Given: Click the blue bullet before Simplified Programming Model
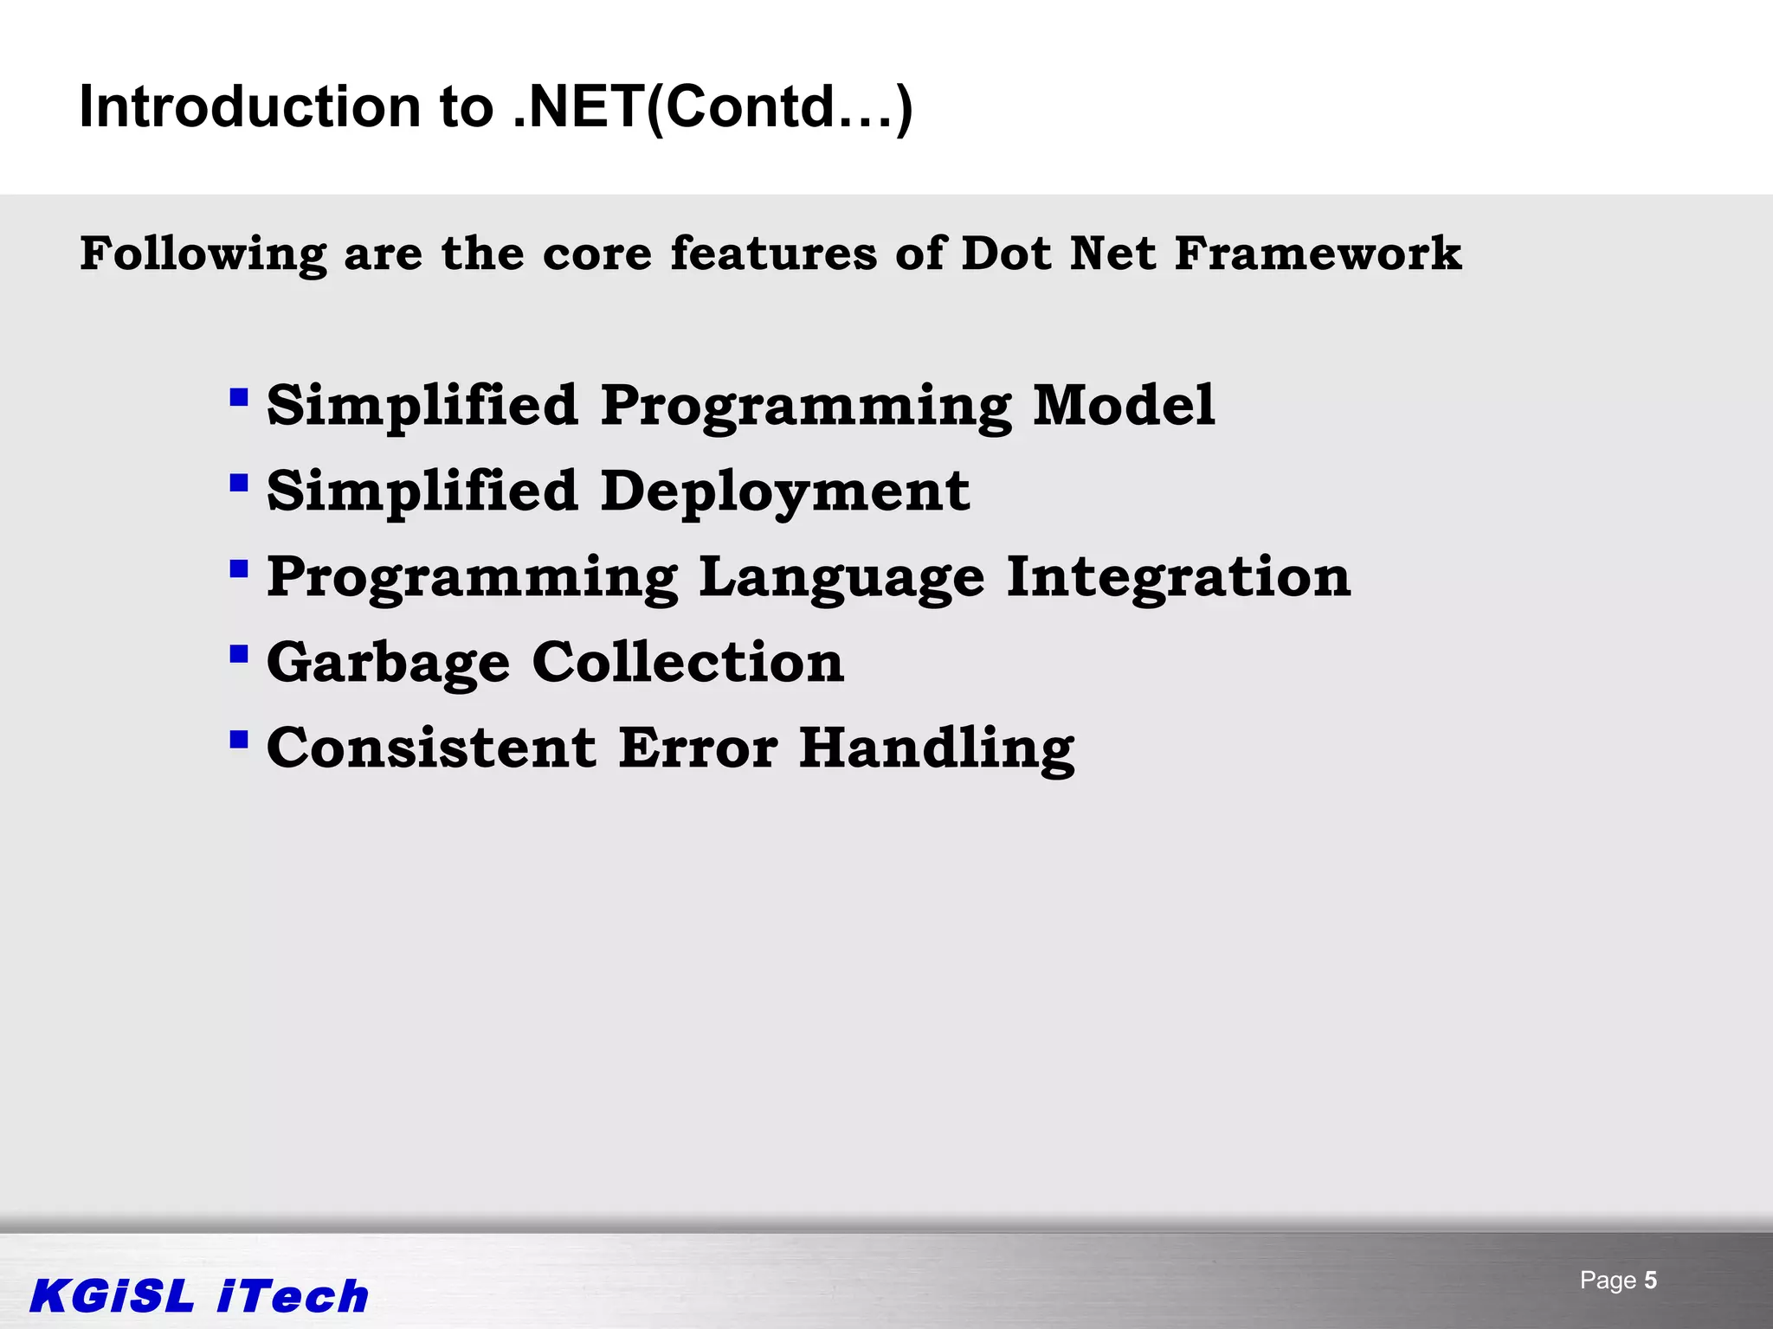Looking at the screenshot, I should tap(239, 399).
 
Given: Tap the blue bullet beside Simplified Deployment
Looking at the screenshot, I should tap(239, 483).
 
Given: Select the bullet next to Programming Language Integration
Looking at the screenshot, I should tap(239, 569).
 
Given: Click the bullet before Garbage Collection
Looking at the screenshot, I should tap(239, 654).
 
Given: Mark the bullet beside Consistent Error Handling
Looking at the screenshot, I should tap(239, 740).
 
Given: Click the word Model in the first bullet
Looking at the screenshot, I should tap(1124, 405).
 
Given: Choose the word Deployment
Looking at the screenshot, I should tap(785, 491).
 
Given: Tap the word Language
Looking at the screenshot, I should tap(841, 577).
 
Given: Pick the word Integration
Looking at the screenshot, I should tap(1178, 577).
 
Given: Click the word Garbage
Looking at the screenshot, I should tap(388, 663).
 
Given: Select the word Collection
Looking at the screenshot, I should tap(688, 663).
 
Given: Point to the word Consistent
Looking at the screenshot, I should tap(431, 748).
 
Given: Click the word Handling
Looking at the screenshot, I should tap(937, 748).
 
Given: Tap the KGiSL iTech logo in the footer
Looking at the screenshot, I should tap(199, 1296).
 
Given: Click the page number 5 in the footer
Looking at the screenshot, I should tap(1650, 1281).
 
